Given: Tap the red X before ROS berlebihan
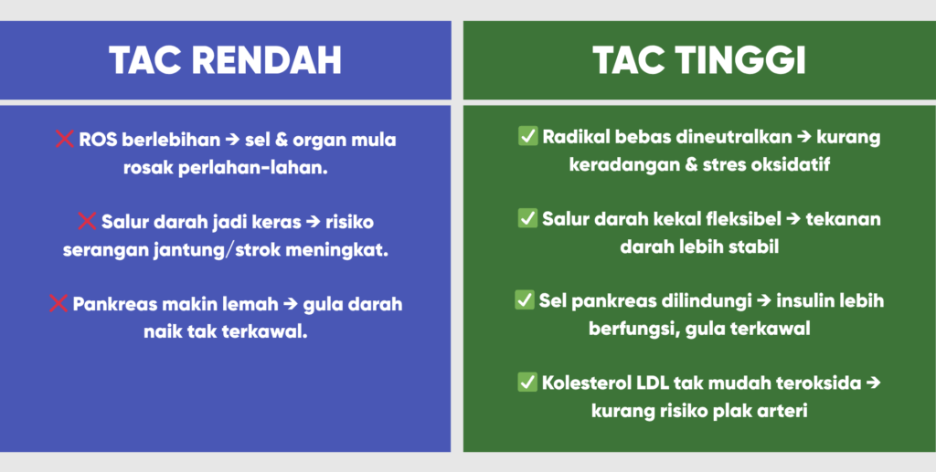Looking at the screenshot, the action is click(x=65, y=139).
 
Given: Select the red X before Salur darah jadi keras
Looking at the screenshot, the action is click(x=87, y=221).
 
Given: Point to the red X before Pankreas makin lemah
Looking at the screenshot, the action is click(x=58, y=303).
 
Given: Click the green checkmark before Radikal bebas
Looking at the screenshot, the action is click(x=527, y=136).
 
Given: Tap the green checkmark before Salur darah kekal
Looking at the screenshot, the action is click(x=527, y=219).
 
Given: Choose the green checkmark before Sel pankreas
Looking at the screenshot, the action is click(x=524, y=300).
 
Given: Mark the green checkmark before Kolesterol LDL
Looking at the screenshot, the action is click(x=527, y=383).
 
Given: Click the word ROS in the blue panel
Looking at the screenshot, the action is click(x=98, y=140).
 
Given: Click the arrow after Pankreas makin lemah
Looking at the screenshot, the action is click(x=290, y=305).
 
